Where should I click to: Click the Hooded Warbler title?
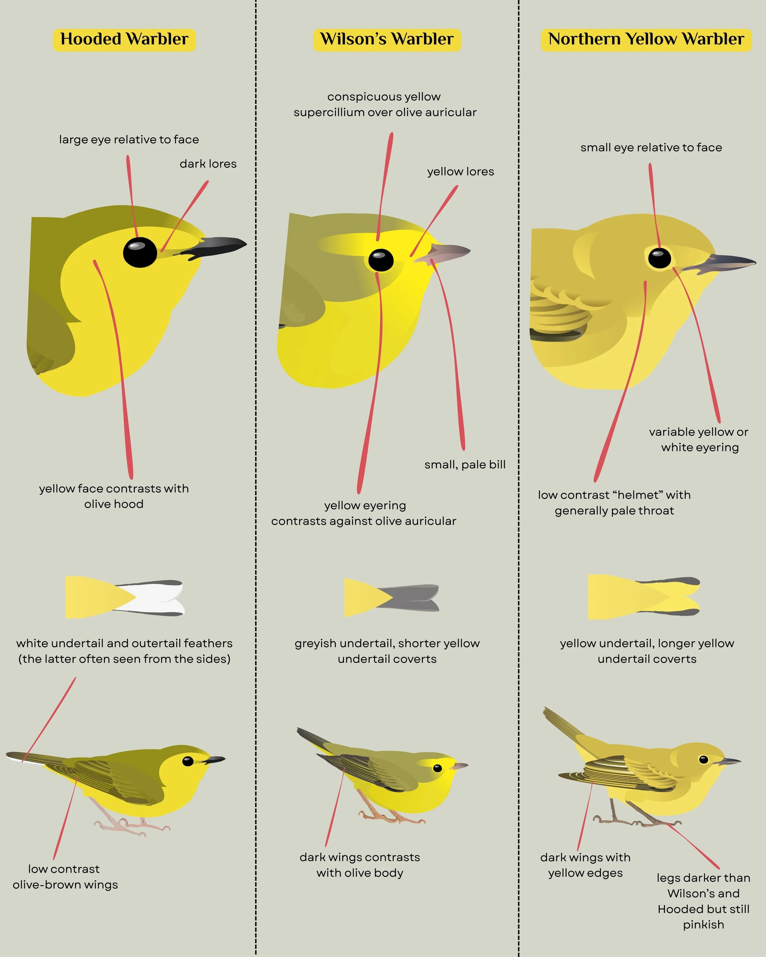click(124, 39)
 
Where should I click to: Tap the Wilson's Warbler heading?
click(387, 39)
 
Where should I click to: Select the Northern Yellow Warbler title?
click(646, 39)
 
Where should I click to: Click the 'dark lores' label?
click(208, 164)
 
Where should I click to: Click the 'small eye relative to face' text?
click(651, 147)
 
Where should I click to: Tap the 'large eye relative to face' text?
click(129, 139)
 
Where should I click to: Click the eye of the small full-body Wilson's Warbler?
click(438, 768)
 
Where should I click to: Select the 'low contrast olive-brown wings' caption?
click(65, 877)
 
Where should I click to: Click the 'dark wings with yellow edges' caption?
click(585, 865)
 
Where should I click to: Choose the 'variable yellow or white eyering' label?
click(699, 439)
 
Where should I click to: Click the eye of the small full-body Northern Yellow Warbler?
click(703, 759)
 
